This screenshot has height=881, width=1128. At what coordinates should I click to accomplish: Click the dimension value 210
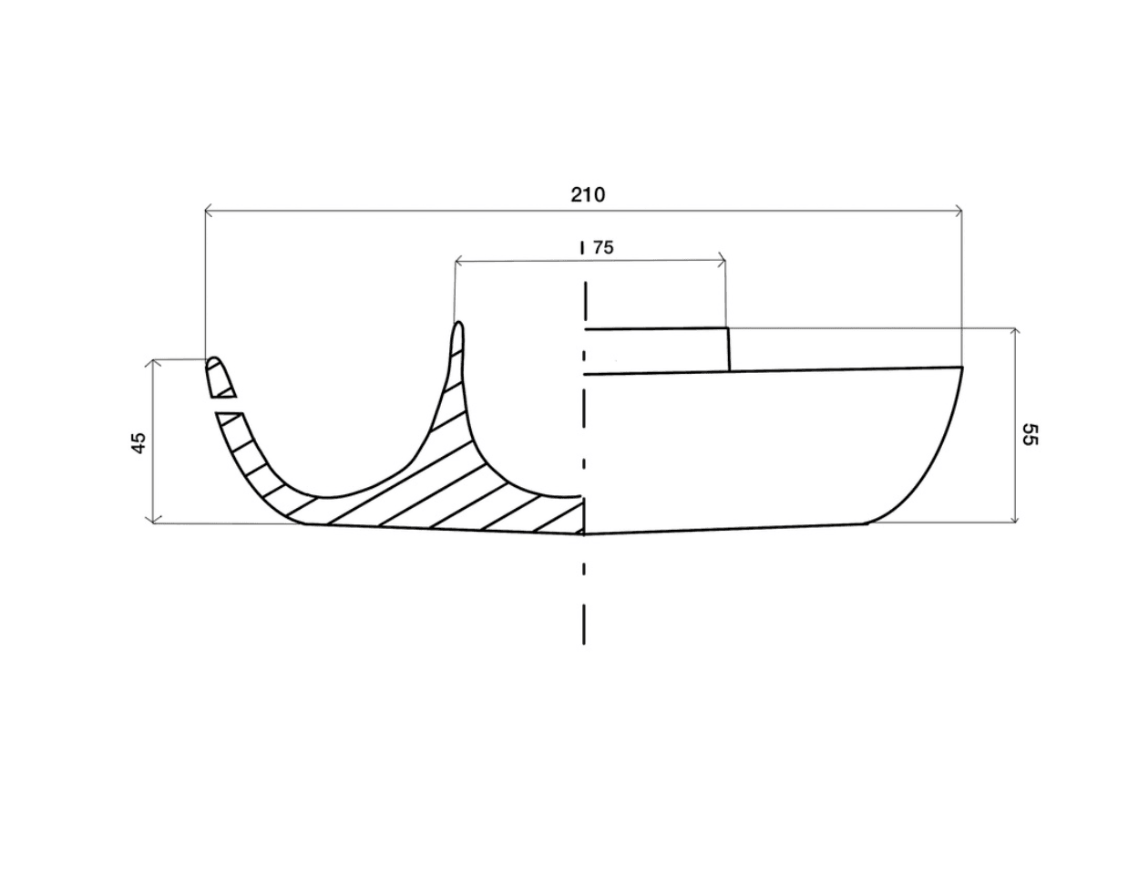tap(588, 195)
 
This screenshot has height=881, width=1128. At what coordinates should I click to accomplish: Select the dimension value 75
tap(603, 248)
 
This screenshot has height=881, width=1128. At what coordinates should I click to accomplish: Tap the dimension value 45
tap(139, 442)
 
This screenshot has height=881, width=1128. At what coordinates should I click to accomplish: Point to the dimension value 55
tap(1030, 434)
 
